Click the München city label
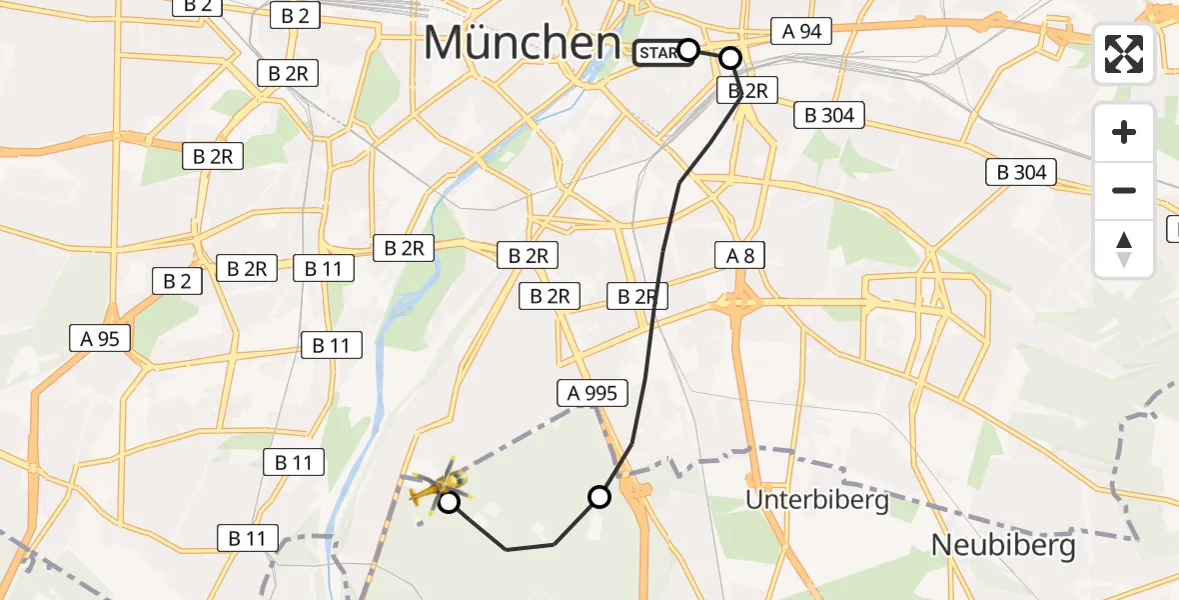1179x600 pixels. click(522, 43)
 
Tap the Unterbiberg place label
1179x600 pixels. click(817, 500)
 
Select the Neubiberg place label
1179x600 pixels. click(1003, 545)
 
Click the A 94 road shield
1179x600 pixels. click(801, 31)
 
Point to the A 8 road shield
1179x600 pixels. click(740, 256)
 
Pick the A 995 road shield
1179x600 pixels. click(592, 393)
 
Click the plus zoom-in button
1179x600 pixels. click(1124, 132)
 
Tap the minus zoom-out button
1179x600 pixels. click(1124, 190)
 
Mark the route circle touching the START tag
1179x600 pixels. click(688, 50)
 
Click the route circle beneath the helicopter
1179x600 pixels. click(450, 502)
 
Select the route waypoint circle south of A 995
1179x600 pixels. click(599, 496)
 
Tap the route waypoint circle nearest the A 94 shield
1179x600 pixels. click(730, 58)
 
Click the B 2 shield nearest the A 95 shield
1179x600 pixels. click(178, 281)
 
